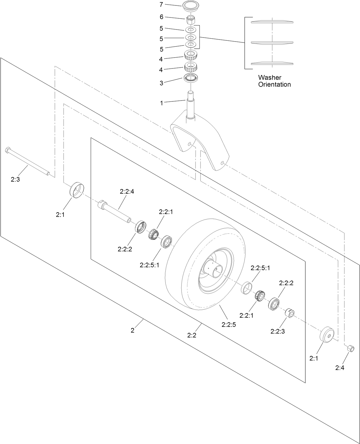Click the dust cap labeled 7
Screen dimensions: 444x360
(191, 7)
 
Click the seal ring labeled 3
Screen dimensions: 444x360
(191, 78)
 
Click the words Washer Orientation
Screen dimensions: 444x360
(274, 81)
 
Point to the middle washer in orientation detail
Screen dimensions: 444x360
(272, 43)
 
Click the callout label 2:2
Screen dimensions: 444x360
(192, 335)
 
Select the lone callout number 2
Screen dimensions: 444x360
(132, 330)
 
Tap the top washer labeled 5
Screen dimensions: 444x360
(191, 30)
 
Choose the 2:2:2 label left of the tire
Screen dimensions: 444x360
(125, 249)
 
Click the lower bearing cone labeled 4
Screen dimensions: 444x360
(191, 68)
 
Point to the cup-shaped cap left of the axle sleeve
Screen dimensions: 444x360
(77, 190)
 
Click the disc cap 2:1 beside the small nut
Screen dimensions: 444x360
(326, 335)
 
